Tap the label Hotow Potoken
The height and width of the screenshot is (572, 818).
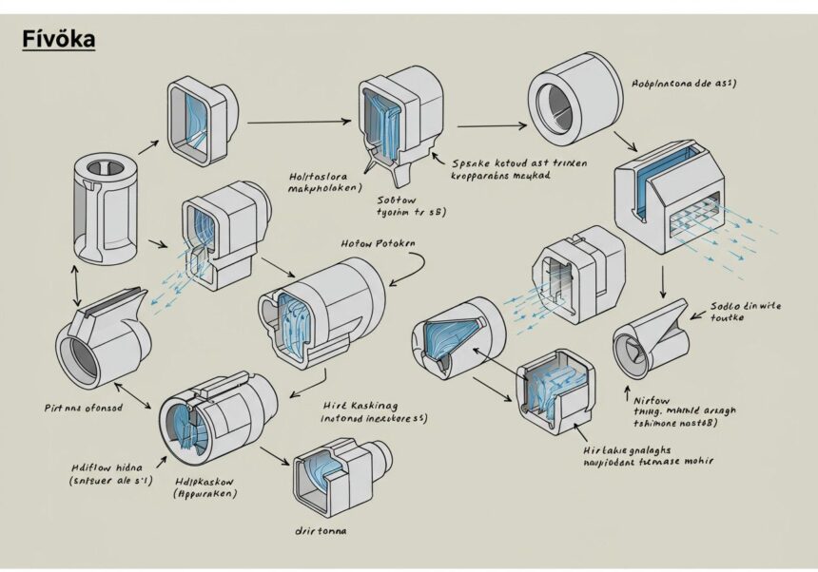377,244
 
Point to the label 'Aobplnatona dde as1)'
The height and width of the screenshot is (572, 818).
686,84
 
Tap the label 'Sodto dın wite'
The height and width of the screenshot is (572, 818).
746,306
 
